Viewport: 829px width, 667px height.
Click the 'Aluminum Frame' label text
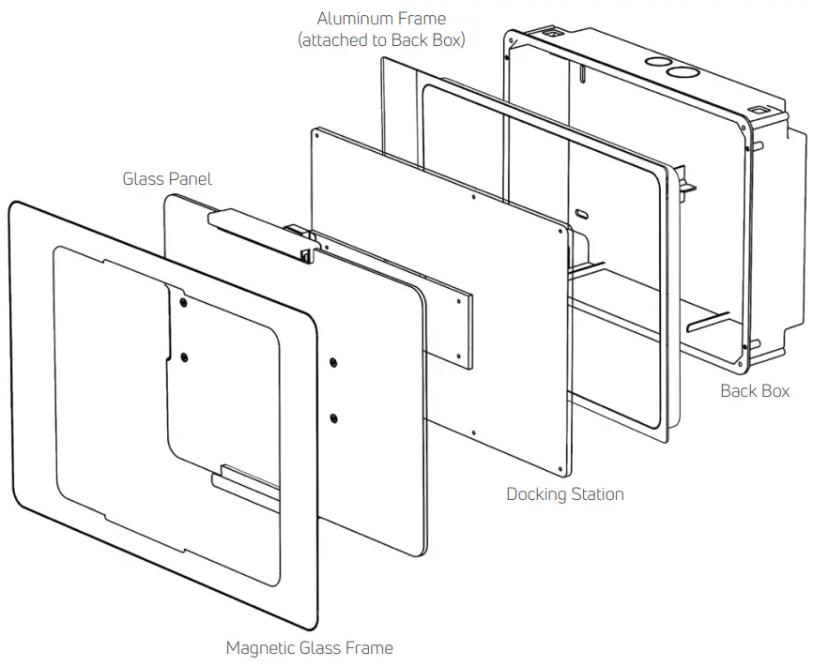click(x=381, y=18)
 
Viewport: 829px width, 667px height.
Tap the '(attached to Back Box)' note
click(x=381, y=40)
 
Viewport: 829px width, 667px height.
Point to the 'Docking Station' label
click(x=564, y=493)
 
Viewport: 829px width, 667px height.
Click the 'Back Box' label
click(x=755, y=390)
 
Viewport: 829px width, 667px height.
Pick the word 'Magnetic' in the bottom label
click(x=262, y=647)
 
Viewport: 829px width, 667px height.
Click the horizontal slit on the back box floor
click(x=709, y=326)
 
